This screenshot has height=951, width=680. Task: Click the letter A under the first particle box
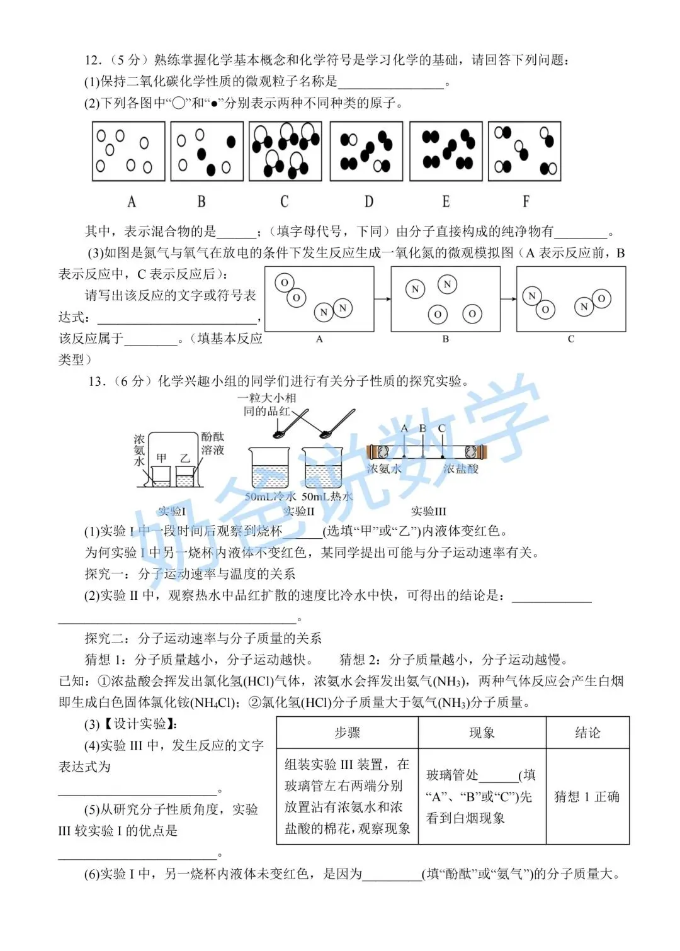pyautogui.click(x=132, y=201)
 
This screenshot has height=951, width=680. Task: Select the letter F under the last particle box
pyautogui.click(x=526, y=201)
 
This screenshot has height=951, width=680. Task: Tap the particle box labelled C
pyautogui.click(x=285, y=151)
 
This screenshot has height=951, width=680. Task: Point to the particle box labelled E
pyautogui.click(x=446, y=151)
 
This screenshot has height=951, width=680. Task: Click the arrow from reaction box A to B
pyautogui.click(x=382, y=300)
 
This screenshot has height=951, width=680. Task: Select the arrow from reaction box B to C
pyautogui.click(x=508, y=300)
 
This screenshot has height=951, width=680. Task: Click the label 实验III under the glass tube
pyautogui.click(x=428, y=510)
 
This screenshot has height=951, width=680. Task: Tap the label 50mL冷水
pyautogui.click(x=270, y=497)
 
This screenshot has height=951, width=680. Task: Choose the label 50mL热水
pyautogui.click(x=327, y=497)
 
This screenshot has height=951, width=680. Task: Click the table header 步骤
pyautogui.click(x=347, y=733)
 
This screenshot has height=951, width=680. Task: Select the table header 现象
pyautogui.click(x=482, y=733)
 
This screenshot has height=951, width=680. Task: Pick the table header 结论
pyautogui.click(x=587, y=733)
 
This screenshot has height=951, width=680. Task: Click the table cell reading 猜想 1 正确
pyautogui.click(x=587, y=796)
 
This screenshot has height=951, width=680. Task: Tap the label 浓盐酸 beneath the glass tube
pyautogui.click(x=461, y=469)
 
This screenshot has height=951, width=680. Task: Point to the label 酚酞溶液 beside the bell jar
pyautogui.click(x=212, y=443)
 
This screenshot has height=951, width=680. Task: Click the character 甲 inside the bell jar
pyautogui.click(x=161, y=458)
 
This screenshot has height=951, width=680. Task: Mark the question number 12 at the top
pyautogui.click(x=92, y=60)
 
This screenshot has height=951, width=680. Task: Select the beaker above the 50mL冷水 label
pyautogui.click(x=269, y=468)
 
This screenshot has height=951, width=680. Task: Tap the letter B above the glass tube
pyautogui.click(x=422, y=429)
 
